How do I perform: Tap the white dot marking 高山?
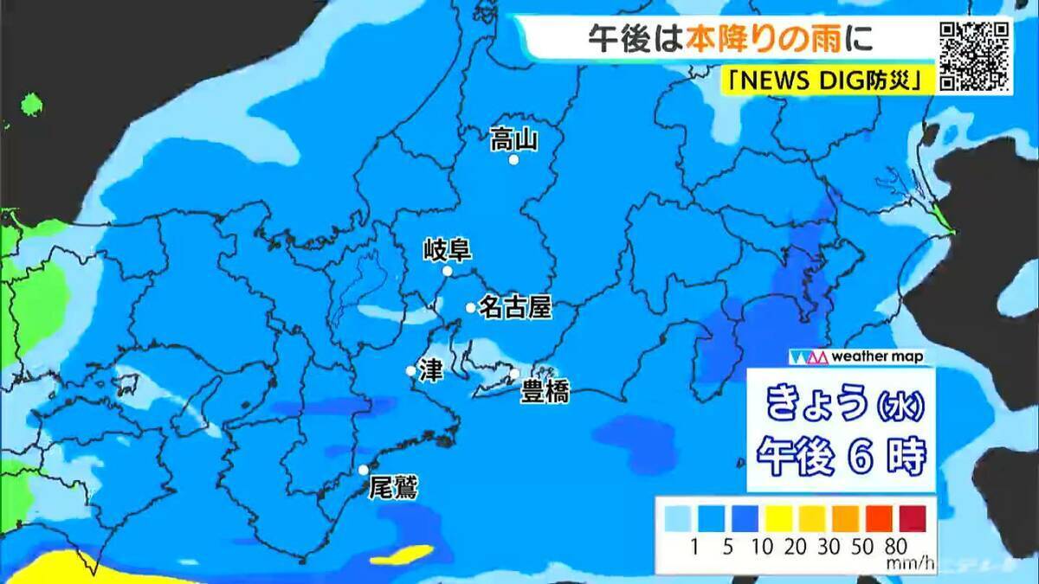pos(513,160)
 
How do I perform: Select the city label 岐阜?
pos(447,251)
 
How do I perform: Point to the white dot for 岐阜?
pos(448,272)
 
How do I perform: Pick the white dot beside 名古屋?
pos(470,308)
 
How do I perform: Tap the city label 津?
pos(430,370)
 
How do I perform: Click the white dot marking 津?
pos(410,371)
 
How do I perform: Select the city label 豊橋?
pos(545,393)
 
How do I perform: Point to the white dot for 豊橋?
pos(514,374)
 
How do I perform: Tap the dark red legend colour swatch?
pos(912,518)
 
